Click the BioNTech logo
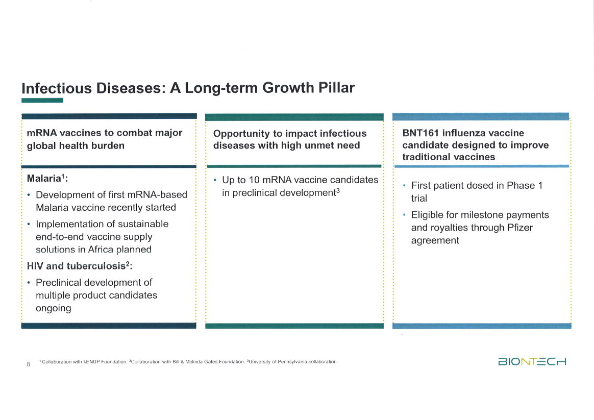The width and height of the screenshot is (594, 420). [x=532, y=362]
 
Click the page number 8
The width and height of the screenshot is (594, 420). [x=28, y=364]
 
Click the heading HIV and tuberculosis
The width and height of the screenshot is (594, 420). [x=79, y=266]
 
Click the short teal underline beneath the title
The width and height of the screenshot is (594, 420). [x=42, y=101]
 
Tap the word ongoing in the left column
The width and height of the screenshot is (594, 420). [x=53, y=308]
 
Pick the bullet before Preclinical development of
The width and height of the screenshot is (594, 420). [x=29, y=283]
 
